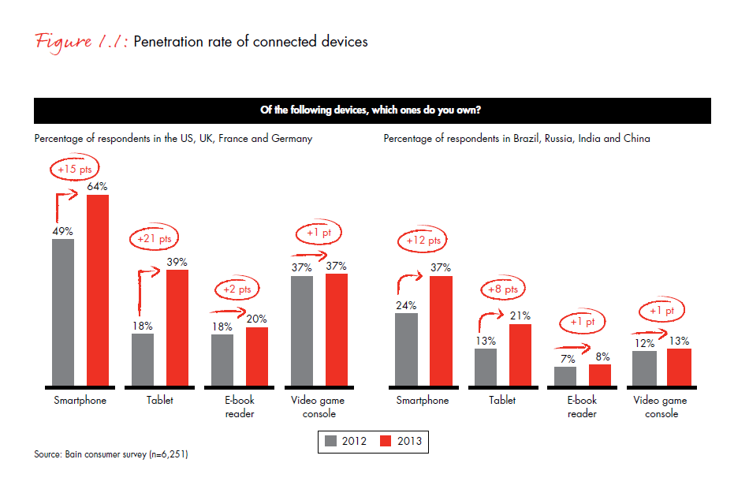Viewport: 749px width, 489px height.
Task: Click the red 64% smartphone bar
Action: point(98,291)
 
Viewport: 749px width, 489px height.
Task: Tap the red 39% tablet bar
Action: point(177,328)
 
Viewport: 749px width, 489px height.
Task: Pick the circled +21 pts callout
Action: point(154,238)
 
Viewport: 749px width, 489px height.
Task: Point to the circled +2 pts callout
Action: point(237,289)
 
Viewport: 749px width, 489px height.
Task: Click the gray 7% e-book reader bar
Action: point(565,377)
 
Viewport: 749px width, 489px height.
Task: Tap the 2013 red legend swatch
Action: point(386,442)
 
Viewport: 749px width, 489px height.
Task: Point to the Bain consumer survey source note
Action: point(110,454)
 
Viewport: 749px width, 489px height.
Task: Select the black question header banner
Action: point(372,110)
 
